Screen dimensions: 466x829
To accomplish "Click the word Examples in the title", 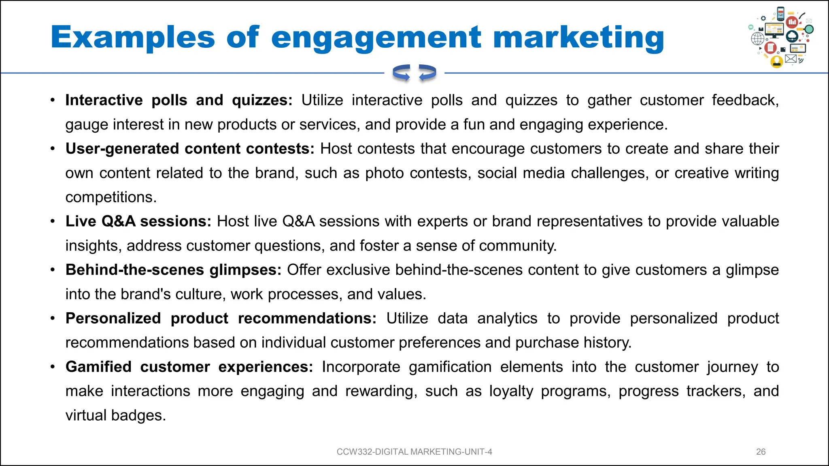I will coord(132,37).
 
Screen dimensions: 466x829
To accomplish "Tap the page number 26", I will coord(761,452).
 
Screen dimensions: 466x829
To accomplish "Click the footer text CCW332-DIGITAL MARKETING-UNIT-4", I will coord(414,452).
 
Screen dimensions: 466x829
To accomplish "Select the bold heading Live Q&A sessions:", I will coord(138,221).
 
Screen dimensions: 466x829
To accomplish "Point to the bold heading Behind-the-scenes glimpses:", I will coord(173,270).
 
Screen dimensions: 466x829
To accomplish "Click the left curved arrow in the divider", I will coord(401,73).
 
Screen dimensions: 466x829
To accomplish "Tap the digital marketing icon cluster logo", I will coord(780,37).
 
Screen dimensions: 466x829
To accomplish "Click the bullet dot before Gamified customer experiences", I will coord(53,367).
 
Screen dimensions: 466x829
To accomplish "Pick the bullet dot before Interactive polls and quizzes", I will coord(53,100).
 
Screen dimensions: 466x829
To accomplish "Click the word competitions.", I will coord(111,197).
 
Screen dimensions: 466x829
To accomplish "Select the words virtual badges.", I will coord(115,415).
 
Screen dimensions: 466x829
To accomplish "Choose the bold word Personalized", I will coord(113,318).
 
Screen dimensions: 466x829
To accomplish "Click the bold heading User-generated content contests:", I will coord(190,148).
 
